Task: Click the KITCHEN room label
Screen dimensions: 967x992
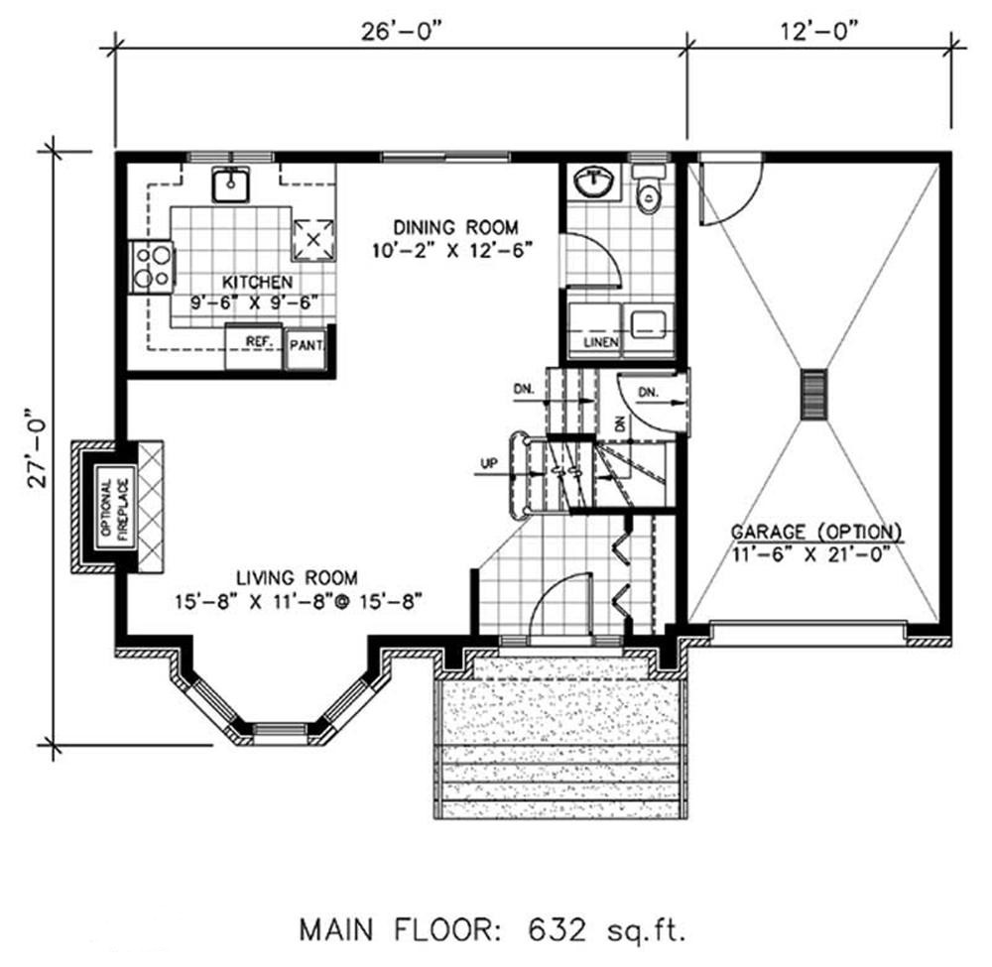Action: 243,283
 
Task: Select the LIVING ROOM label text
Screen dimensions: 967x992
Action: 298,577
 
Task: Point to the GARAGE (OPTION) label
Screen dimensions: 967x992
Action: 816,531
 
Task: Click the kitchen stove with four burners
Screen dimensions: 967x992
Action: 153,267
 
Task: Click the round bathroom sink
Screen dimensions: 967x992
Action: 594,181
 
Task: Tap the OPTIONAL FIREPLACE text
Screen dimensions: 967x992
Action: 109,507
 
